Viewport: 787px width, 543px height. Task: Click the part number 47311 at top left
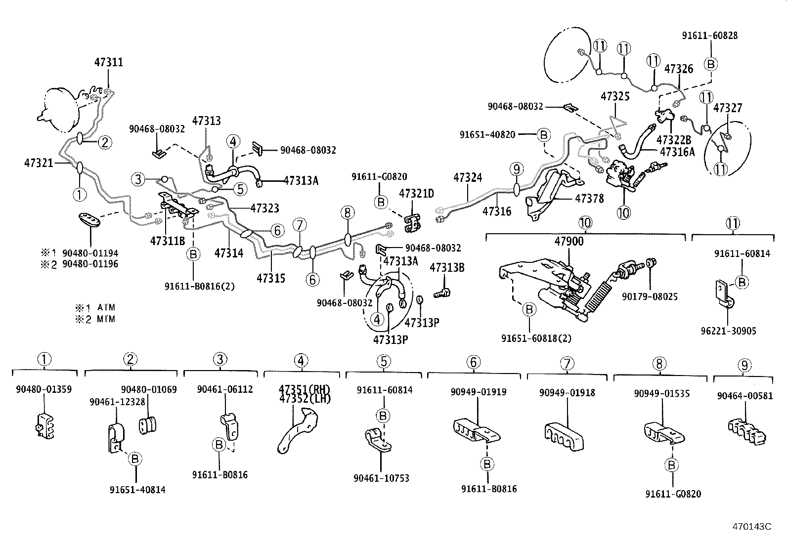(x=108, y=63)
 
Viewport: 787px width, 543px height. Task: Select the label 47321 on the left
(x=38, y=162)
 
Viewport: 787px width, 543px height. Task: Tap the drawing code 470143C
(x=751, y=527)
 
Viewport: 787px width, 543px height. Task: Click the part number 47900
(x=568, y=242)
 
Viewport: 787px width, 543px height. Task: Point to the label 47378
(x=589, y=199)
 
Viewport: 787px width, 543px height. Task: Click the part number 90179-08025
(x=650, y=297)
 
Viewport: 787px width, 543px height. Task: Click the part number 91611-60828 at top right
(x=709, y=36)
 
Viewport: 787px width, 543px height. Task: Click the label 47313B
(x=446, y=268)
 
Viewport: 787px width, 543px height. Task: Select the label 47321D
(x=416, y=193)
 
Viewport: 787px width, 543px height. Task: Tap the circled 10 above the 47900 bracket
(x=585, y=223)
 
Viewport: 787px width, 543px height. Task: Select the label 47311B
(x=168, y=241)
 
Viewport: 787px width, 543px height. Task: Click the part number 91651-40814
(x=137, y=490)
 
